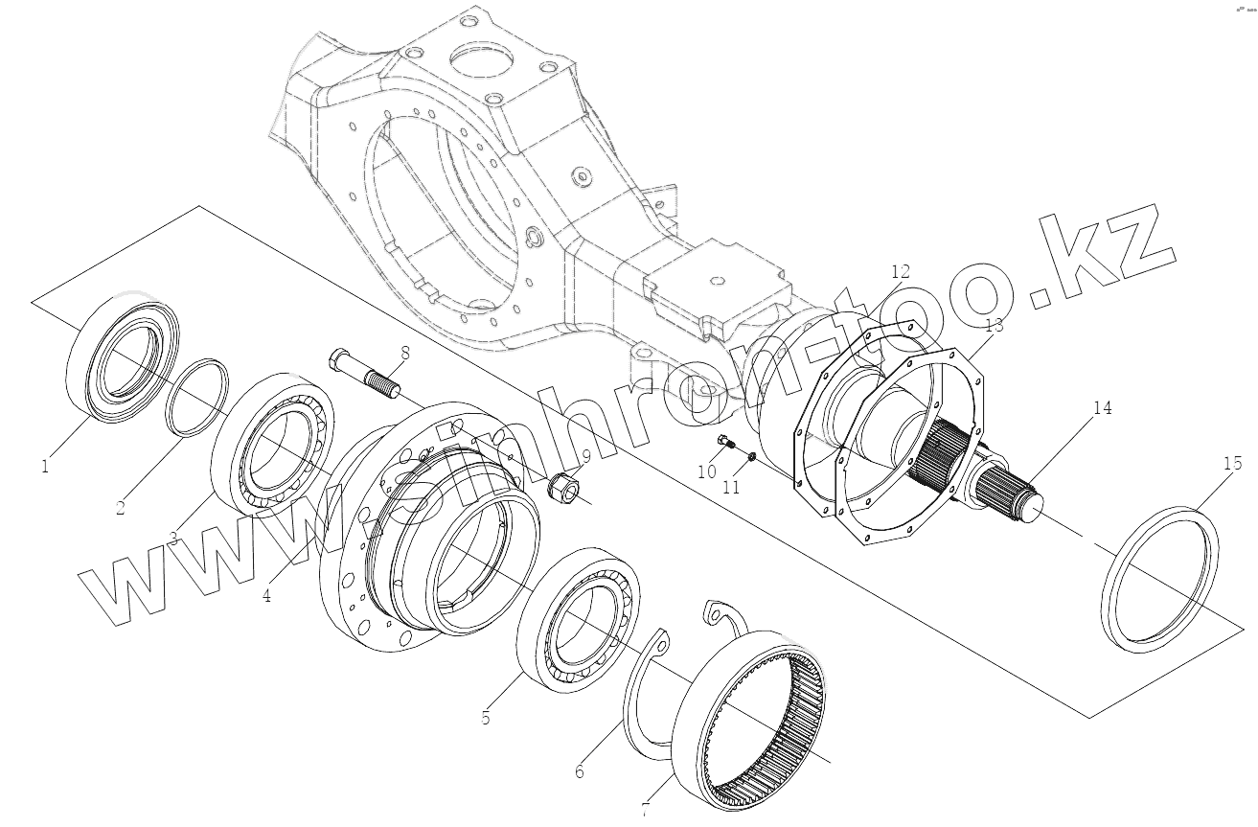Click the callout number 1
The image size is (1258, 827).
point(44,467)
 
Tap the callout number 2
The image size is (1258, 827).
point(121,508)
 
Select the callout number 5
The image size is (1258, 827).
point(486,717)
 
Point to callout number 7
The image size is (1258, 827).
point(645,811)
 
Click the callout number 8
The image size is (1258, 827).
point(405,352)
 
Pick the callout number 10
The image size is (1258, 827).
point(706,471)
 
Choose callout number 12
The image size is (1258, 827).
point(901,271)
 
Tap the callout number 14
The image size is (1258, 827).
point(1102,408)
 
